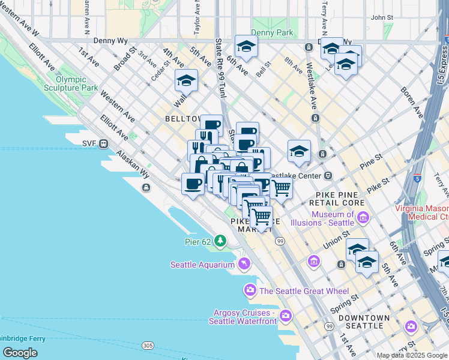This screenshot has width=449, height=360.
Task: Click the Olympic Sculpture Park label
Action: click(x=76, y=83)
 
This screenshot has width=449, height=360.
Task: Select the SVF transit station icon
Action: click(x=104, y=143)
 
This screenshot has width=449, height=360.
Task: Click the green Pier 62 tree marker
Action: click(x=220, y=241)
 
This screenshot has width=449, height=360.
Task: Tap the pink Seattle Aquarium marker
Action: click(x=244, y=263)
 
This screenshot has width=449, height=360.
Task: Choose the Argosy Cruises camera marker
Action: click(x=286, y=315)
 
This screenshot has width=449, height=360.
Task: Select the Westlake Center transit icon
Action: click(x=328, y=176)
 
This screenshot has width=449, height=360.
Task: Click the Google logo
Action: click(x=20, y=353)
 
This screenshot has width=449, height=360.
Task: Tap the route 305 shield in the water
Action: click(x=148, y=346)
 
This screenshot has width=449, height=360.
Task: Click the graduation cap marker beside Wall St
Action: click(x=186, y=81)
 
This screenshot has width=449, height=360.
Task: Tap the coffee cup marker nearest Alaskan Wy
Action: click(x=192, y=184)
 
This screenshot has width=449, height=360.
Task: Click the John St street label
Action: click(x=381, y=17)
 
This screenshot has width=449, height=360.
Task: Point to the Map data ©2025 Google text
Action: click(x=411, y=355)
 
